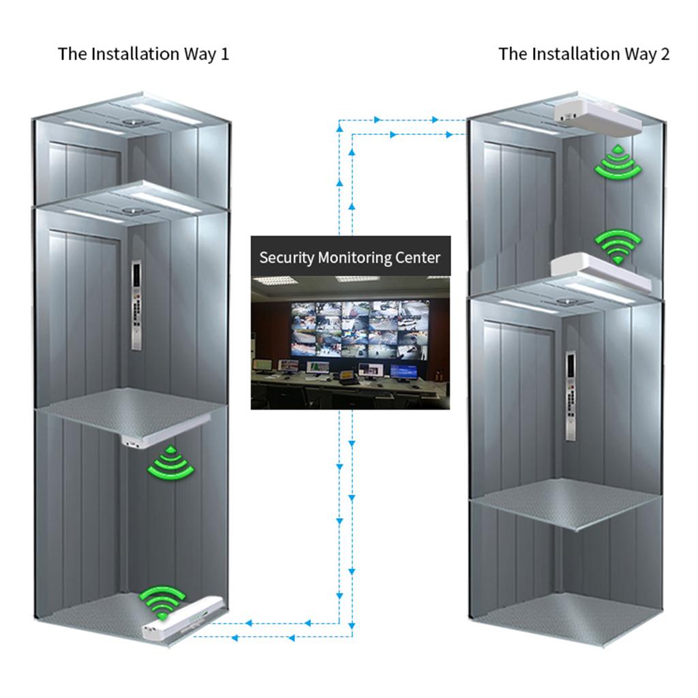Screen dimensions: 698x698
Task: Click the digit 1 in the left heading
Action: tap(225, 54)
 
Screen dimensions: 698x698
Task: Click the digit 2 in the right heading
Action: tap(665, 54)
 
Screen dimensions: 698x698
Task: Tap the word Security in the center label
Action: tap(287, 258)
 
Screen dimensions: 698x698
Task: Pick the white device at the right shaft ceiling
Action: tap(597, 114)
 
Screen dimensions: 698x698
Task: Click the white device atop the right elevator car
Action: tap(601, 271)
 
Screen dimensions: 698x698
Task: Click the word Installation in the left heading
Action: tap(136, 54)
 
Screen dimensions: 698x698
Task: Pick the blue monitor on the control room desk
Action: tap(404, 371)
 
